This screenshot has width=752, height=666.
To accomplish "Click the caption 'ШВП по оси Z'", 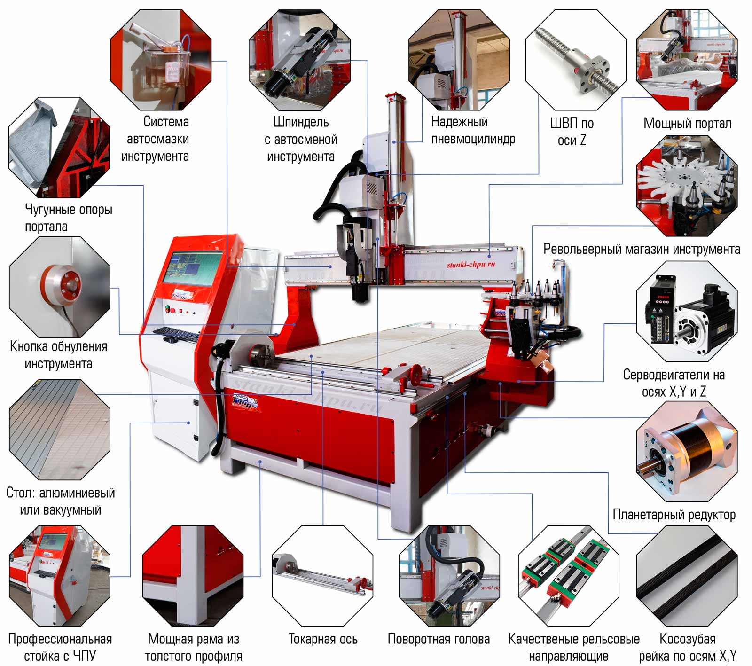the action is coord(572,132).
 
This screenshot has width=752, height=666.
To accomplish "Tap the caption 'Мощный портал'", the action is coord(687,123).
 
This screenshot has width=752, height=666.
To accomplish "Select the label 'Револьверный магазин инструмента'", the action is coord(642,249).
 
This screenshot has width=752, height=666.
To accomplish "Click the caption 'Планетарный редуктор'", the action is coord(674,515).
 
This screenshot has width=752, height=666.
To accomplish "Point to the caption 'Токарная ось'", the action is coord(323,639).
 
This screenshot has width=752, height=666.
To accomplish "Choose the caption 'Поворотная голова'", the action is coord(439,639).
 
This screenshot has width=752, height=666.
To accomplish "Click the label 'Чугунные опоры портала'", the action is coord(69,218).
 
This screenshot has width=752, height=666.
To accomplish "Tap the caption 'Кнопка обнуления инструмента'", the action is coord(59,355).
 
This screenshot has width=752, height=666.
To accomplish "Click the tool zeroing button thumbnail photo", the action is coord(60,287).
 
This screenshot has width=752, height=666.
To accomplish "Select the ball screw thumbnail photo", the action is coord(575,60).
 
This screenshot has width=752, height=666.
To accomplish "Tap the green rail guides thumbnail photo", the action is coord(569,576).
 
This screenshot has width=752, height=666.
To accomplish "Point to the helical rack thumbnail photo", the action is coord(687,576).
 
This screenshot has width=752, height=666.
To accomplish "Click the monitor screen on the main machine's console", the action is coord(192,268).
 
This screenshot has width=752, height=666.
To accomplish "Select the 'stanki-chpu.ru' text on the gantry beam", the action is coord(470,265).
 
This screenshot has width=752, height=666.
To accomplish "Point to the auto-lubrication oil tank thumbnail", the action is coord(161,60).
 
